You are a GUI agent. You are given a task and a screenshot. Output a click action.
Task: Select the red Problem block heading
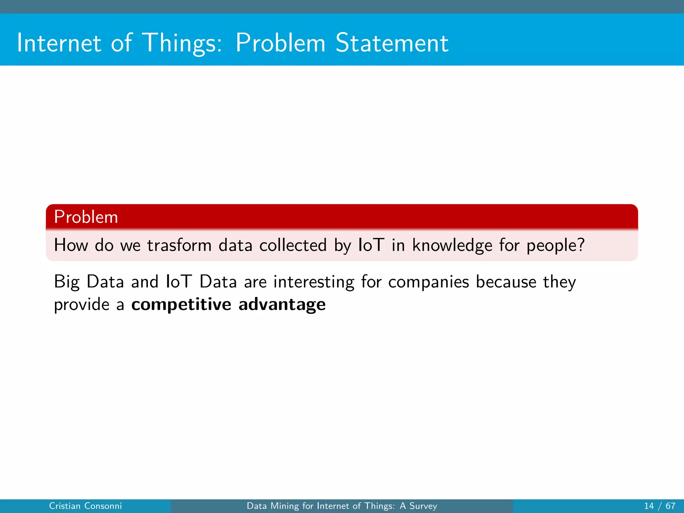[x=86, y=217]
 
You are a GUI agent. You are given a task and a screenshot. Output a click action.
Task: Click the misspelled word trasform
[x=179, y=245]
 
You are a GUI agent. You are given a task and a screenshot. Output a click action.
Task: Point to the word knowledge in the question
[x=452, y=245]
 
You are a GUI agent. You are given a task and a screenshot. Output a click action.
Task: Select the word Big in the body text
[x=67, y=282]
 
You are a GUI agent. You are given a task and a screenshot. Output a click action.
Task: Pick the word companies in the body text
[x=429, y=282]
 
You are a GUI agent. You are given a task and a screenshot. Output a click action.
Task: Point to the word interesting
[x=314, y=282]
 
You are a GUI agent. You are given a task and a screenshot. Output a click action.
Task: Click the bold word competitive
[x=181, y=305]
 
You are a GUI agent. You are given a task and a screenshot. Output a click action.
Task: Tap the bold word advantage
[x=282, y=305]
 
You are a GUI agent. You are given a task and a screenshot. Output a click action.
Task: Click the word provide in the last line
[x=81, y=305]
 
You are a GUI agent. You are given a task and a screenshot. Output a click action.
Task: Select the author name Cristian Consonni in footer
[x=85, y=506]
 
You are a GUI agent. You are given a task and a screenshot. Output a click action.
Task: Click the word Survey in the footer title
[x=423, y=506]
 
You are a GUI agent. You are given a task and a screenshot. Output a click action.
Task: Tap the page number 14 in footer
[x=649, y=506]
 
